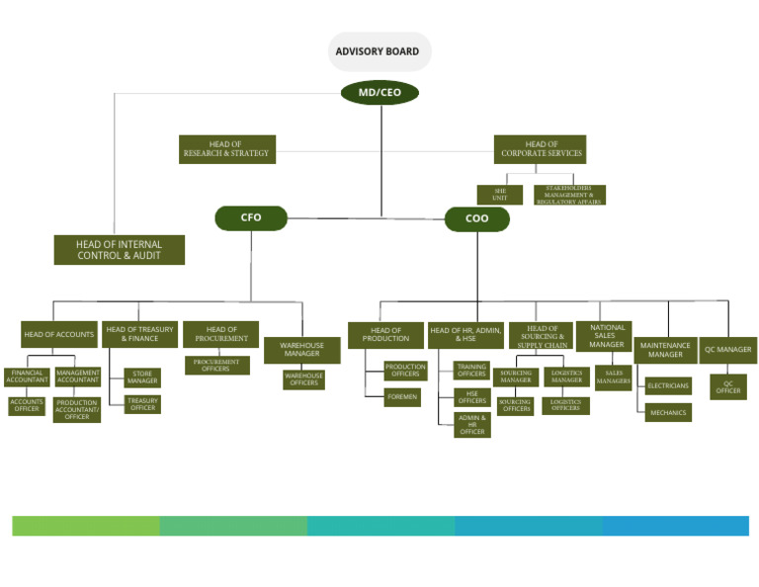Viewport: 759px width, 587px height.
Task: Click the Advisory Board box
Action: pyautogui.click(x=379, y=51)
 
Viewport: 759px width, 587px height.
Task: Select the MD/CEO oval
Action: pyautogui.click(x=379, y=93)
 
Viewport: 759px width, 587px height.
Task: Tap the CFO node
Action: pyautogui.click(x=251, y=218)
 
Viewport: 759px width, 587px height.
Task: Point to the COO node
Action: pyautogui.click(x=476, y=219)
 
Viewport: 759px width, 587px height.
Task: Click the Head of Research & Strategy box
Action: pyautogui.click(x=226, y=149)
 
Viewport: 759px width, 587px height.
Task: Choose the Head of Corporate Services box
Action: pyautogui.click(x=540, y=149)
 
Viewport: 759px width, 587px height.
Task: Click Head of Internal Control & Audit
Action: pyautogui.click(x=119, y=250)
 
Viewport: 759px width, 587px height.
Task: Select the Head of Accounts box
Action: pyautogui.click(x=59, y=334)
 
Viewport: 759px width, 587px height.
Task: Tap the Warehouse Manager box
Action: pyautogui.click(x=301, y=350)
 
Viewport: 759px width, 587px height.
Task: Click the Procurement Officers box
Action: pyautogui.click(x=216, y=366)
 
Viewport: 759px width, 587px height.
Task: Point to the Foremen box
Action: pyautogui.click(x=403, y=397)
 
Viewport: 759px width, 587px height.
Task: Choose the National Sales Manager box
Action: pyautogui.click(x=606, y=336)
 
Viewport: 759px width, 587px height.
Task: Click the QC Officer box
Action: pyautogui.click(x=728, y=386)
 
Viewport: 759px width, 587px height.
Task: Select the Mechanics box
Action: pyautogui.click(x=669, y=413)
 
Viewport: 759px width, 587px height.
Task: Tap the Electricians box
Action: pyautogui.click(x=669, y=385)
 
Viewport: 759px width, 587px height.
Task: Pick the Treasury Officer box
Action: pyautogui.click(x=142, y=404)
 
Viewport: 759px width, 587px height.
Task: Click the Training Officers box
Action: pyautogui.click(x=471, y=371)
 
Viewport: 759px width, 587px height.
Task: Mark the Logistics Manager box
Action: pyautogui.click(x=566, y=377)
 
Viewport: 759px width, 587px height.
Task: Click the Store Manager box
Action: pyautogui.click(x=142, y=377)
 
